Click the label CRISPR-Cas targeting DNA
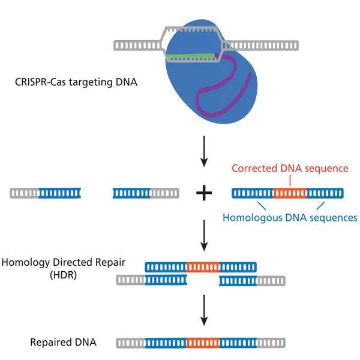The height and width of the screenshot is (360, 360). (76, 82)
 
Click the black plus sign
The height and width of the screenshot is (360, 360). (205, 193)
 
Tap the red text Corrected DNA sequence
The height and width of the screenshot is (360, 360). (290, 169)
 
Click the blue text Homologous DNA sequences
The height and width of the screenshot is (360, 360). (290, 217)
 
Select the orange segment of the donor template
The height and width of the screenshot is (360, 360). (290, 193)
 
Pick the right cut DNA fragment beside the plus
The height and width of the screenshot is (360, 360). (145, 193)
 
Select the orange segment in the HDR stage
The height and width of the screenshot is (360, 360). (203, 266)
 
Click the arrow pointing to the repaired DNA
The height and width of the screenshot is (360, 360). (205, 310)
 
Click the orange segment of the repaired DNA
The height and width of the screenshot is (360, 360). (203, 343)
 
